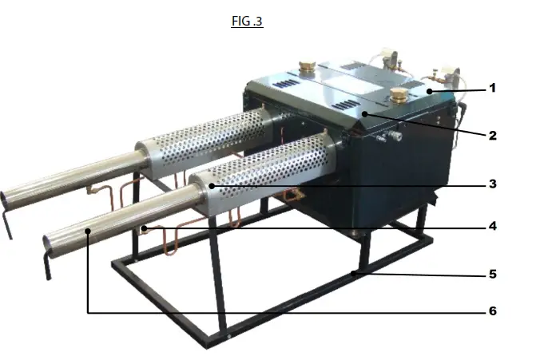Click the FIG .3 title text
pyautogui.click(x=247, y=22)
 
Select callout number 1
pyautogui.click(x=493, y=89)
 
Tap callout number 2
pyautogui.click(x=493, y=135)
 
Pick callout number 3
pyautogui.click(x=493, y=184)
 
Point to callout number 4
pyautogui.click(x=493, y=226)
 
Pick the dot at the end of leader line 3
pyautogui.click(x=212, y=187)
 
